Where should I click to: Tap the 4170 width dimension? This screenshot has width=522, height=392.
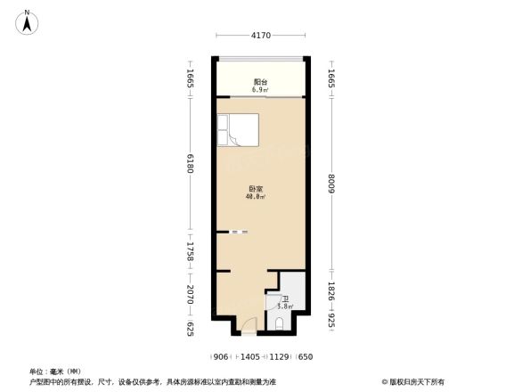tap(260, 36)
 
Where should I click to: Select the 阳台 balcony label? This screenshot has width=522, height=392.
tap(260, 82)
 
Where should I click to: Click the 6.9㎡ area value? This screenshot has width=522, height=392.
tap(260, 90)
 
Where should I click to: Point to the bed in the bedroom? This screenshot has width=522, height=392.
tap(237, 130)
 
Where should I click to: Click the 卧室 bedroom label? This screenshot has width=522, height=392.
tap(255, 189)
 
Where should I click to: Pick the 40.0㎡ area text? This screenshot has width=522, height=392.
tap(255, 197)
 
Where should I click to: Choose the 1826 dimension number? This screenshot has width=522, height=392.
tap(331, 292)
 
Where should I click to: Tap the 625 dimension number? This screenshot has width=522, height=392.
tap(191, 329)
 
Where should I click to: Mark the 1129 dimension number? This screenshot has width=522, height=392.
tap(280, 357)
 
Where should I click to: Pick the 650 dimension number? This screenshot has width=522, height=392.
tap(306, 357)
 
